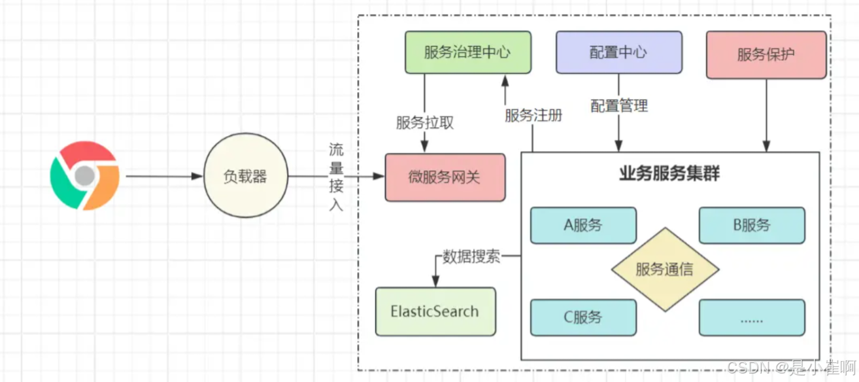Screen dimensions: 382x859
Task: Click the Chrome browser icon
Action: pos(84,176)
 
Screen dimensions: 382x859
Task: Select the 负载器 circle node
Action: pos(245,177)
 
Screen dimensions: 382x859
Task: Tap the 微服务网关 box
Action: pos(445,177)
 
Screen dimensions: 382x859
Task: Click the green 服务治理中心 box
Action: pos(467,53)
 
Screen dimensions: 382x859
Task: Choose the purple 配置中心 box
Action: pos(618,53)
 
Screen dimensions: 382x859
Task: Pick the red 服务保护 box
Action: pos(766,54)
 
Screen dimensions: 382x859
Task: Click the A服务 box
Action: pos(583,225)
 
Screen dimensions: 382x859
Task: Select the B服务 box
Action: pos(752,225)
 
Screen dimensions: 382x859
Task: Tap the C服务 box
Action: pos(583,317)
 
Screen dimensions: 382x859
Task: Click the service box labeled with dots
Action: pos(752,317)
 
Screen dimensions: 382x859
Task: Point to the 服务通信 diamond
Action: pos(665,269)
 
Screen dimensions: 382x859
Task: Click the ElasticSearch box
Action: pos(435,311)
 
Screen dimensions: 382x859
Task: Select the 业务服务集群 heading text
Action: pos(669,174)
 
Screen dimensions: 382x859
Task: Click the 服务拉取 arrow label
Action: pos(425,122)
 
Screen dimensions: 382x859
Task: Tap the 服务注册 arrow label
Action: pos(533,115)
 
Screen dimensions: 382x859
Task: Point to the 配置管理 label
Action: pos(619,105)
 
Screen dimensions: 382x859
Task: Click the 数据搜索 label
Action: pos(471,256)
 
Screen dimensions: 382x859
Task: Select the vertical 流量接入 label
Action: pos(336,177)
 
